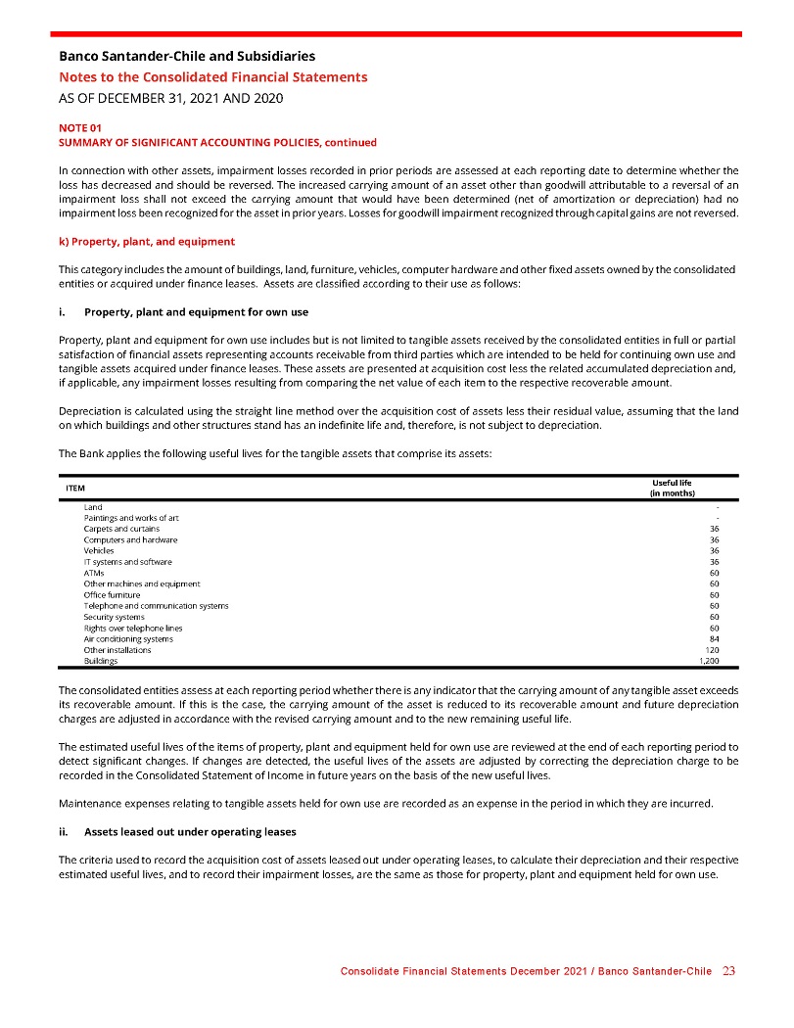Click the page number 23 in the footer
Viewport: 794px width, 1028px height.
point(728,971)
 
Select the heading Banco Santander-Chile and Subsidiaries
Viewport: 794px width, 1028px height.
point(187,57)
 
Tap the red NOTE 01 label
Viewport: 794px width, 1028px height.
point(79,128)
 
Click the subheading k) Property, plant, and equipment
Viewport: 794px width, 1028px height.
point(146,240)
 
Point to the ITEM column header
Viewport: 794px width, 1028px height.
point(74,488)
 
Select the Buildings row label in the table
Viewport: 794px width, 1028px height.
point(101,661)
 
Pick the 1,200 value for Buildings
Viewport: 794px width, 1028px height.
point(708,661)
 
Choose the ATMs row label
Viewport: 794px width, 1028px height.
point(94,573)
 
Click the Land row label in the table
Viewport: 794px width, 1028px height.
point(93,507)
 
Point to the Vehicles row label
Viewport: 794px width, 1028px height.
point(99,550)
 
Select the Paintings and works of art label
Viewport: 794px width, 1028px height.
point(131,518)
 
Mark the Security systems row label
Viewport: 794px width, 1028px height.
point(114,617)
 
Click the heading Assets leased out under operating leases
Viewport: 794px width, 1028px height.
point(190,833)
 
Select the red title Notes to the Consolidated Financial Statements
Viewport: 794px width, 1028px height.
point(213,76)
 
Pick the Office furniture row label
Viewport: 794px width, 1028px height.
point(112,594)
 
